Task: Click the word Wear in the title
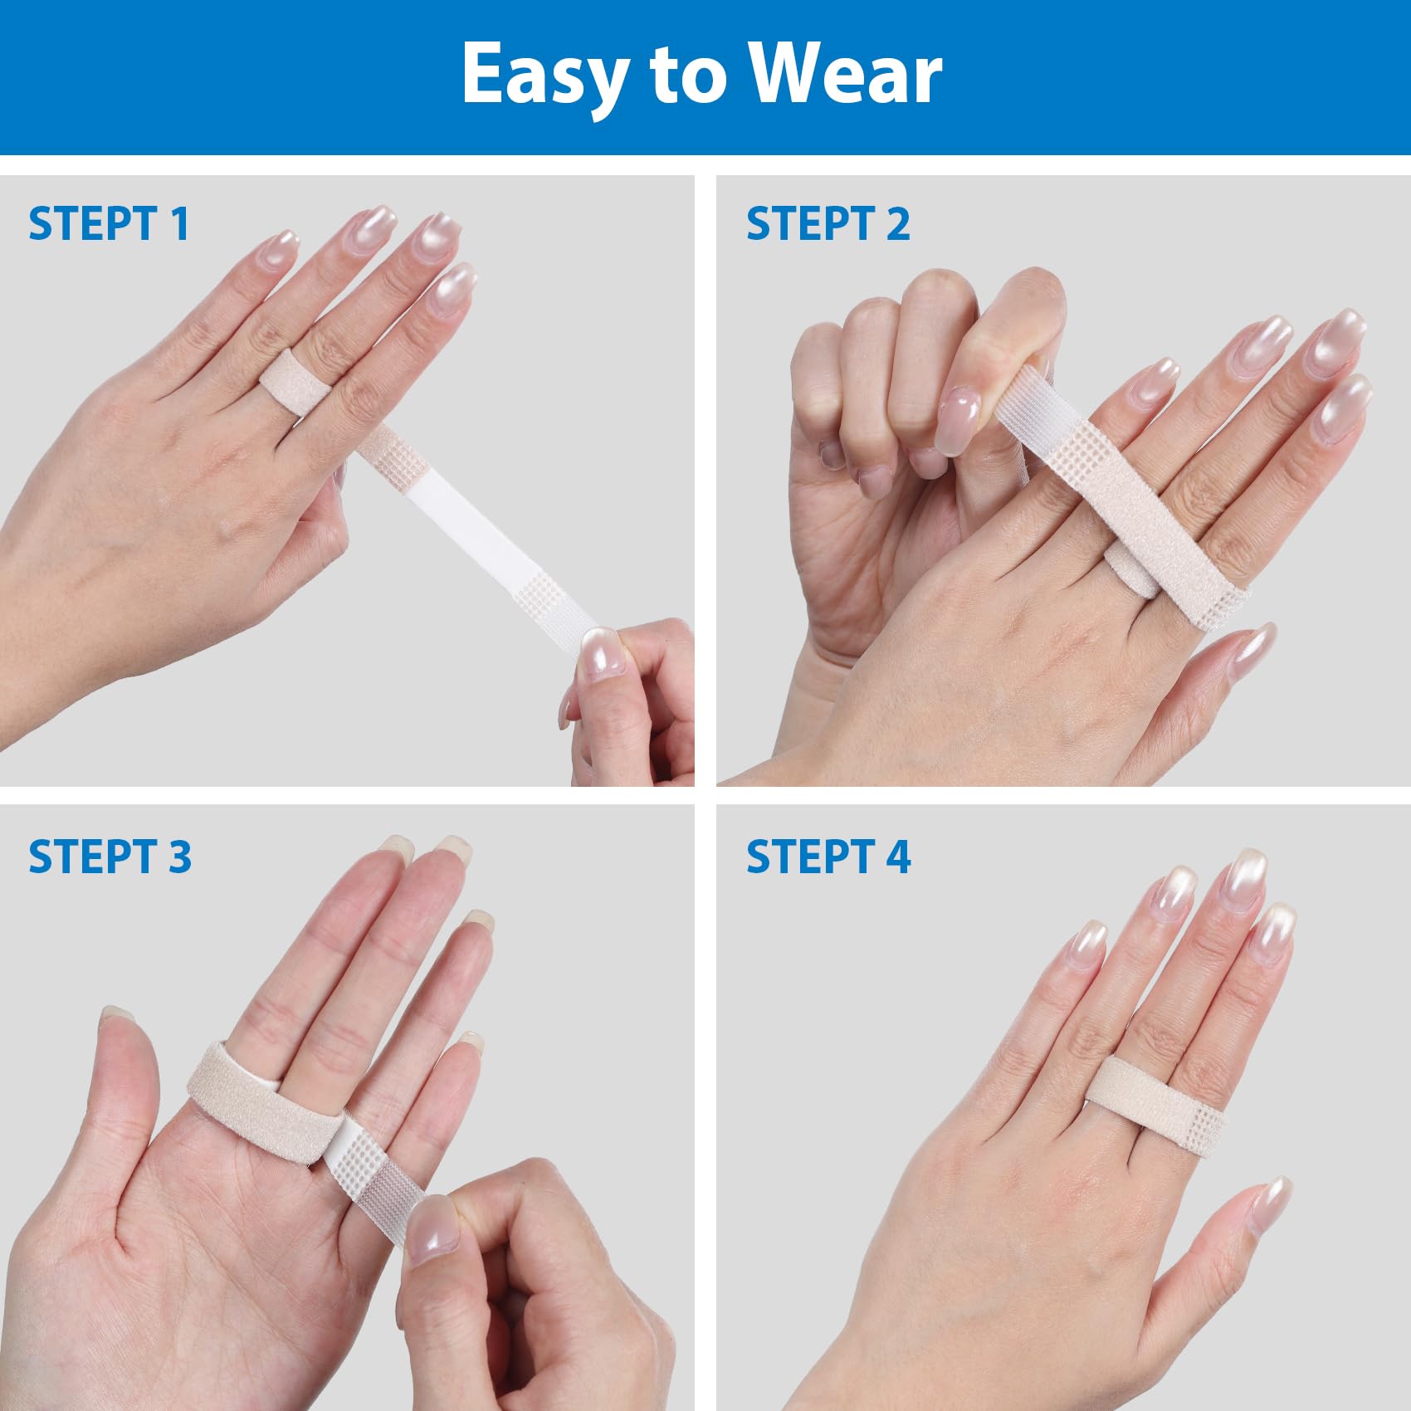[x=847, y=75]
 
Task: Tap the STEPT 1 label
[x=109, y=224]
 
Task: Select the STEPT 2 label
[x=828, y=224]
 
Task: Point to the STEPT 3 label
[x=110, y=857]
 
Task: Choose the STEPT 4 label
[x=828, y=857]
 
